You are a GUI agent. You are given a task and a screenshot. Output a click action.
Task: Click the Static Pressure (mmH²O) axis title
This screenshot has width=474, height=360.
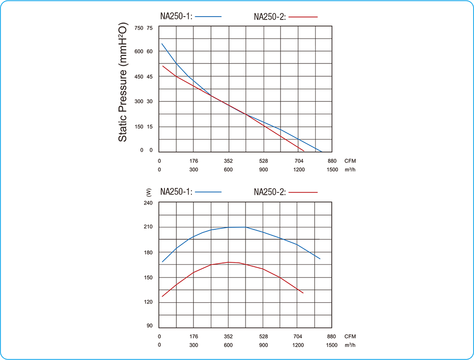click(x=122, y=81)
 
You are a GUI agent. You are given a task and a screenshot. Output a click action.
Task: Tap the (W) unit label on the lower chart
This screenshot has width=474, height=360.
click(x=149, y=192)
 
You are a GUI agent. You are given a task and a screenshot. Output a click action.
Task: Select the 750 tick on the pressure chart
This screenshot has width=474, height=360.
click(x=138, y=28)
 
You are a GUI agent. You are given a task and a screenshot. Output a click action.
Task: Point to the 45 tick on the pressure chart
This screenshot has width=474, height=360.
click(x=150, y=77)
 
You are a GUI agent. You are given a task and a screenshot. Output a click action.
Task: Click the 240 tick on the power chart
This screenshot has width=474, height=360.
click(x=147, y=203)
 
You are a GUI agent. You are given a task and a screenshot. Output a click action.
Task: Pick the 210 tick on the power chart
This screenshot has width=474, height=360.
click(x=147, y=227)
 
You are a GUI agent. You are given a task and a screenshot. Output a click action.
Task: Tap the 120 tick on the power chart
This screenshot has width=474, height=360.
click(x=147, y=302)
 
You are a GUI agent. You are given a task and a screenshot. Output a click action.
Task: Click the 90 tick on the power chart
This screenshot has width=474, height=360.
click(x=149, y=326)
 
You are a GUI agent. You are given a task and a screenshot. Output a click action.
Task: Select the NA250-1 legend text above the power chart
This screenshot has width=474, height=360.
click(x=176, y=192)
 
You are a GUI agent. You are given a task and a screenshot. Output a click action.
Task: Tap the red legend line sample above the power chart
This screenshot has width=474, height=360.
click(x=303, y=192)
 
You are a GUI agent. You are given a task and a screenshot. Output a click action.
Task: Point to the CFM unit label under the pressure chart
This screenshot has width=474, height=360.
click(x=350, y=161)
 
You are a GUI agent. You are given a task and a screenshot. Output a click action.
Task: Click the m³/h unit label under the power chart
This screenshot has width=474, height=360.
click(x=350, y=345)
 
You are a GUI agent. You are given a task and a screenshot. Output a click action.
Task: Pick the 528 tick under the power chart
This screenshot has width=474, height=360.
click(x=263, y=336)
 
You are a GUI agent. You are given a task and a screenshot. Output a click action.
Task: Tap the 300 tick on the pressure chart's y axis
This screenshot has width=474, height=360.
click(x=138, y=101)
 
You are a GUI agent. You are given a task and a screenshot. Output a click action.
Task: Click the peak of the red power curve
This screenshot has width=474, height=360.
click(x=229, y=262)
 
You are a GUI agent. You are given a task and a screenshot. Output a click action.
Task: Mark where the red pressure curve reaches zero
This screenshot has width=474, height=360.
click(x=304, y=151)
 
